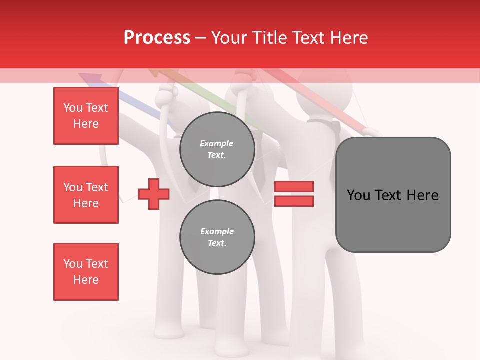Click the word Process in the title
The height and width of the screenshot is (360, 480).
157,38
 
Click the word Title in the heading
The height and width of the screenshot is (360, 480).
268,38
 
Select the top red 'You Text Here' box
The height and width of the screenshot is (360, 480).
86,116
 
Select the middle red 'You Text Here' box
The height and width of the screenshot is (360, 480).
86,195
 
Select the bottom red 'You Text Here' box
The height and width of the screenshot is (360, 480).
86,271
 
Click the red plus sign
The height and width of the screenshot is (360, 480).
153,194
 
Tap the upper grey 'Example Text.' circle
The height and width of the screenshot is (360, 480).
217,149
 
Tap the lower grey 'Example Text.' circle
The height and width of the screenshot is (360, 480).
217,237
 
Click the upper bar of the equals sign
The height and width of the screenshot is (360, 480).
294,187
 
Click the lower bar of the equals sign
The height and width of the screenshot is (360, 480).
294,201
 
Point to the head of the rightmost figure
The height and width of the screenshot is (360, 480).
320,95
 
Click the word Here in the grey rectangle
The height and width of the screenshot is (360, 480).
422,195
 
